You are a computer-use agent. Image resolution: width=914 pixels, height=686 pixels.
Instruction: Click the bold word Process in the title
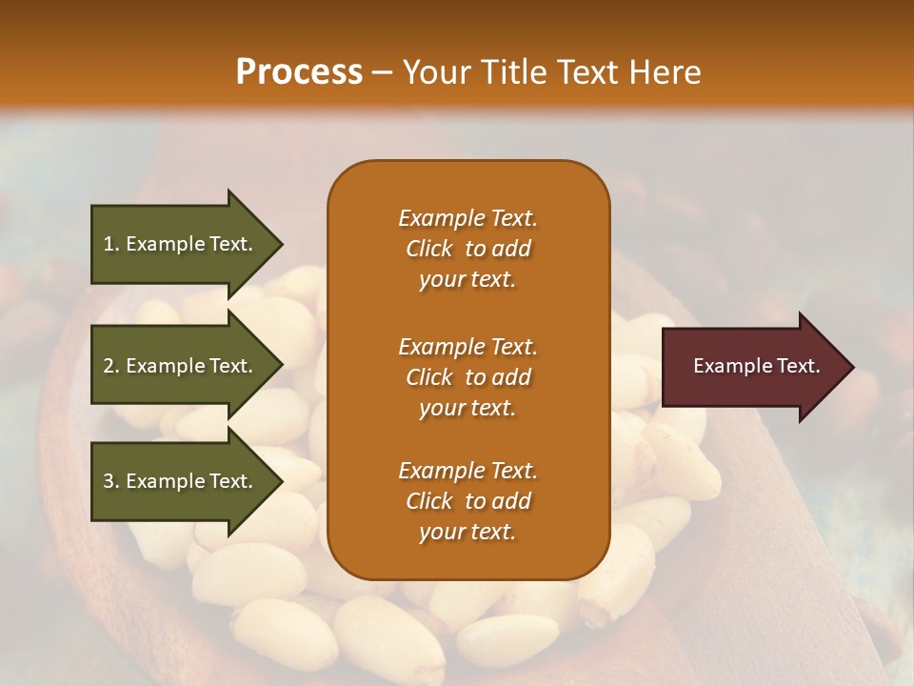click(x=299, y=72)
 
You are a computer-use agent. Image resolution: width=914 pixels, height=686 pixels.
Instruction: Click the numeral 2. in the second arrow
click(x=111, y=366)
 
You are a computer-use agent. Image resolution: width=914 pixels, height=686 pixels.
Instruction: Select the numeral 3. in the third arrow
click(x=111, y=481)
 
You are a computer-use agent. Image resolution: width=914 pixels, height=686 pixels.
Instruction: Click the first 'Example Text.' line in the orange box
click(x=467, y=218)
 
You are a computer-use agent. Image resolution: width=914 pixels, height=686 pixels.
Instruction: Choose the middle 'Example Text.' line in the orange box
click(x=467, y=347)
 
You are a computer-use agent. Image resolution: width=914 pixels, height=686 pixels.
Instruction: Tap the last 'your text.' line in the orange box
click(x=467, y=533)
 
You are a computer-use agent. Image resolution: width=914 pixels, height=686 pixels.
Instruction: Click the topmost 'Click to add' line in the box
click(x=467, y=249)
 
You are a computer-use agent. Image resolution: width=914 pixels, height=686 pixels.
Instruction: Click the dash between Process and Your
click(x=382, y=72)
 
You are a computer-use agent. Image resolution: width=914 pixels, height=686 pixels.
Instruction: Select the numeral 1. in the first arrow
click(x=110, y=244)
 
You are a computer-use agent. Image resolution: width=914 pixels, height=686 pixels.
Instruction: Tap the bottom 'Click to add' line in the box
click(x=467, y=501)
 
